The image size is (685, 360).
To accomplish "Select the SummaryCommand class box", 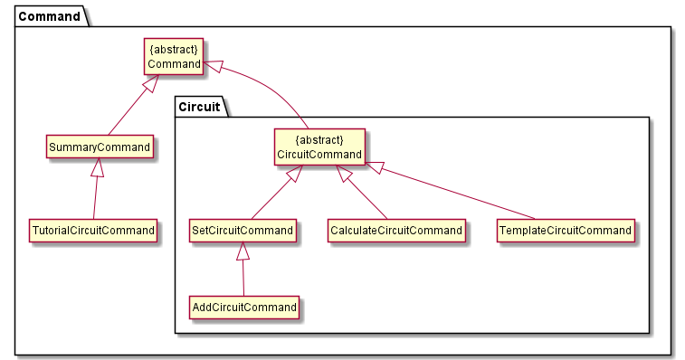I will (100, 146).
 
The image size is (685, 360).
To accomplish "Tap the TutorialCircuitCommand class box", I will (92, 230).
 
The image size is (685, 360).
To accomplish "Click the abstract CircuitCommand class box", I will (319, 147).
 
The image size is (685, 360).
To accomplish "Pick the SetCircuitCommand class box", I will (243, 231).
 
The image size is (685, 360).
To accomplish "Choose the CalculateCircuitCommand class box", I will (396, 231).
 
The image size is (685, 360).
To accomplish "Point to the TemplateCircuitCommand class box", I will (565, 231).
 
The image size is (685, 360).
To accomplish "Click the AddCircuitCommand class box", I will (244, 308).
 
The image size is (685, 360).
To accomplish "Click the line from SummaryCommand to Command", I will (133, 105).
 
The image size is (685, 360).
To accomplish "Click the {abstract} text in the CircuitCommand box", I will (319, 139).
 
